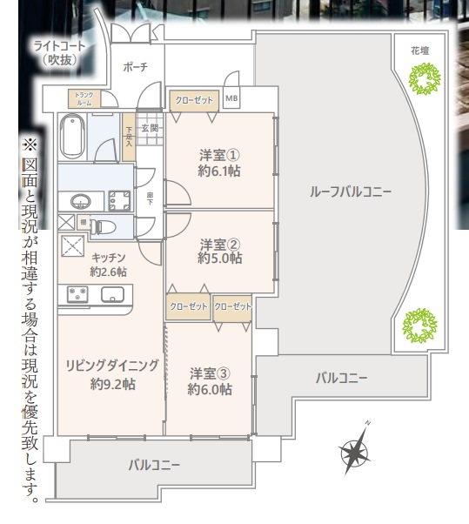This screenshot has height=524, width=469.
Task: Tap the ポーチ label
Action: (135, 67)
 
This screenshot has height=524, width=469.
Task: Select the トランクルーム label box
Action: (84, 98)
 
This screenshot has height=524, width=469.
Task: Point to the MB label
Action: (231, 99)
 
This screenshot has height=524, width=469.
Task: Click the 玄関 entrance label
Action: (150, 129)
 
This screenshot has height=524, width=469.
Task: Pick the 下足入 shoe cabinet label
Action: (129, 137)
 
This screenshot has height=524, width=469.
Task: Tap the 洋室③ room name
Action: (210, 373)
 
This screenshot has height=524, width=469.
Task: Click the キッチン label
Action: (109, 257)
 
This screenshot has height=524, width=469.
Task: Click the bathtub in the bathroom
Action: (72, 137)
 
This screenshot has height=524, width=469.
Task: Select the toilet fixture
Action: (105, 226)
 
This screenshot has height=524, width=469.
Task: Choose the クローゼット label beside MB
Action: (194, 100)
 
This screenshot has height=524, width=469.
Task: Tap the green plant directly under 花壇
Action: (423, 82)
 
